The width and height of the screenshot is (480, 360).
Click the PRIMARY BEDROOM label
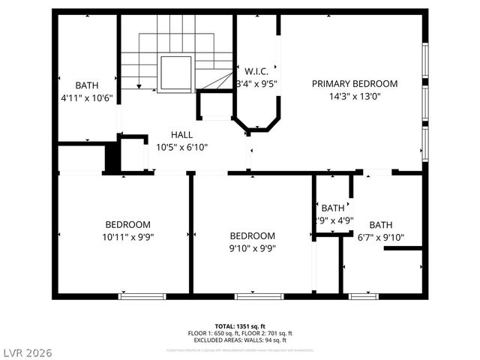pos(355,84)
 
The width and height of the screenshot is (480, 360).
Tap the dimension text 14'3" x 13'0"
pos(355,96)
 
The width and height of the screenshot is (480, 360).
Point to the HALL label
pos(181,135)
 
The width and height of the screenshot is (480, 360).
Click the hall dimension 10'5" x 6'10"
pos(181,148)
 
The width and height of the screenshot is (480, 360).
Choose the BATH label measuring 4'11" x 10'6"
pos(87,85)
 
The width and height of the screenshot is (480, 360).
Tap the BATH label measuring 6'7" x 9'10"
pos(380,225)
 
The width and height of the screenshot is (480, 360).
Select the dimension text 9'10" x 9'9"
pos(252,248)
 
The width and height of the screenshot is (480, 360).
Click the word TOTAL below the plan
pos(224,326)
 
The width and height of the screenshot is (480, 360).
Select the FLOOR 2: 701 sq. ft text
pos(268,333)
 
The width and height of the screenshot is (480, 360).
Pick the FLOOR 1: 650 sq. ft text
pos(214,333)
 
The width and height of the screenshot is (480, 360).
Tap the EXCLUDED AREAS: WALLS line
pos(240,340)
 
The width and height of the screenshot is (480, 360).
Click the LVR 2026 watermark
pos(27,352)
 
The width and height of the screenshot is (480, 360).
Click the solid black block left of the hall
pos(112,158)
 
